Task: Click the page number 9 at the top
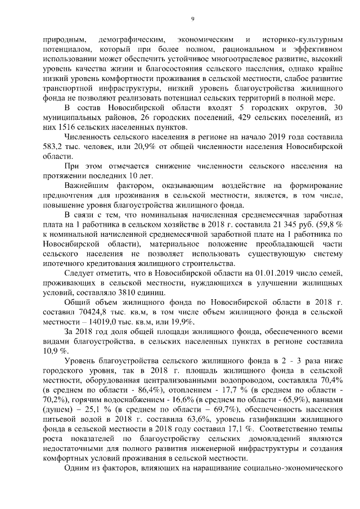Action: [x=192, y=19]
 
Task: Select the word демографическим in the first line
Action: [x=131, y=40]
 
